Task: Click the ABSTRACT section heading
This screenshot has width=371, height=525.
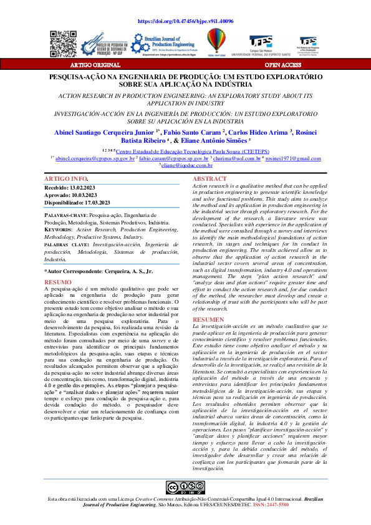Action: coord(210,178)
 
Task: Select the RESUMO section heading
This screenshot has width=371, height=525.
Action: coord(57,282)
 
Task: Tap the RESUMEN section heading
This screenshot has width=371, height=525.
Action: coord(210,319)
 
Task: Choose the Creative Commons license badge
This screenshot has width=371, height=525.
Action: coord(185,488)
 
